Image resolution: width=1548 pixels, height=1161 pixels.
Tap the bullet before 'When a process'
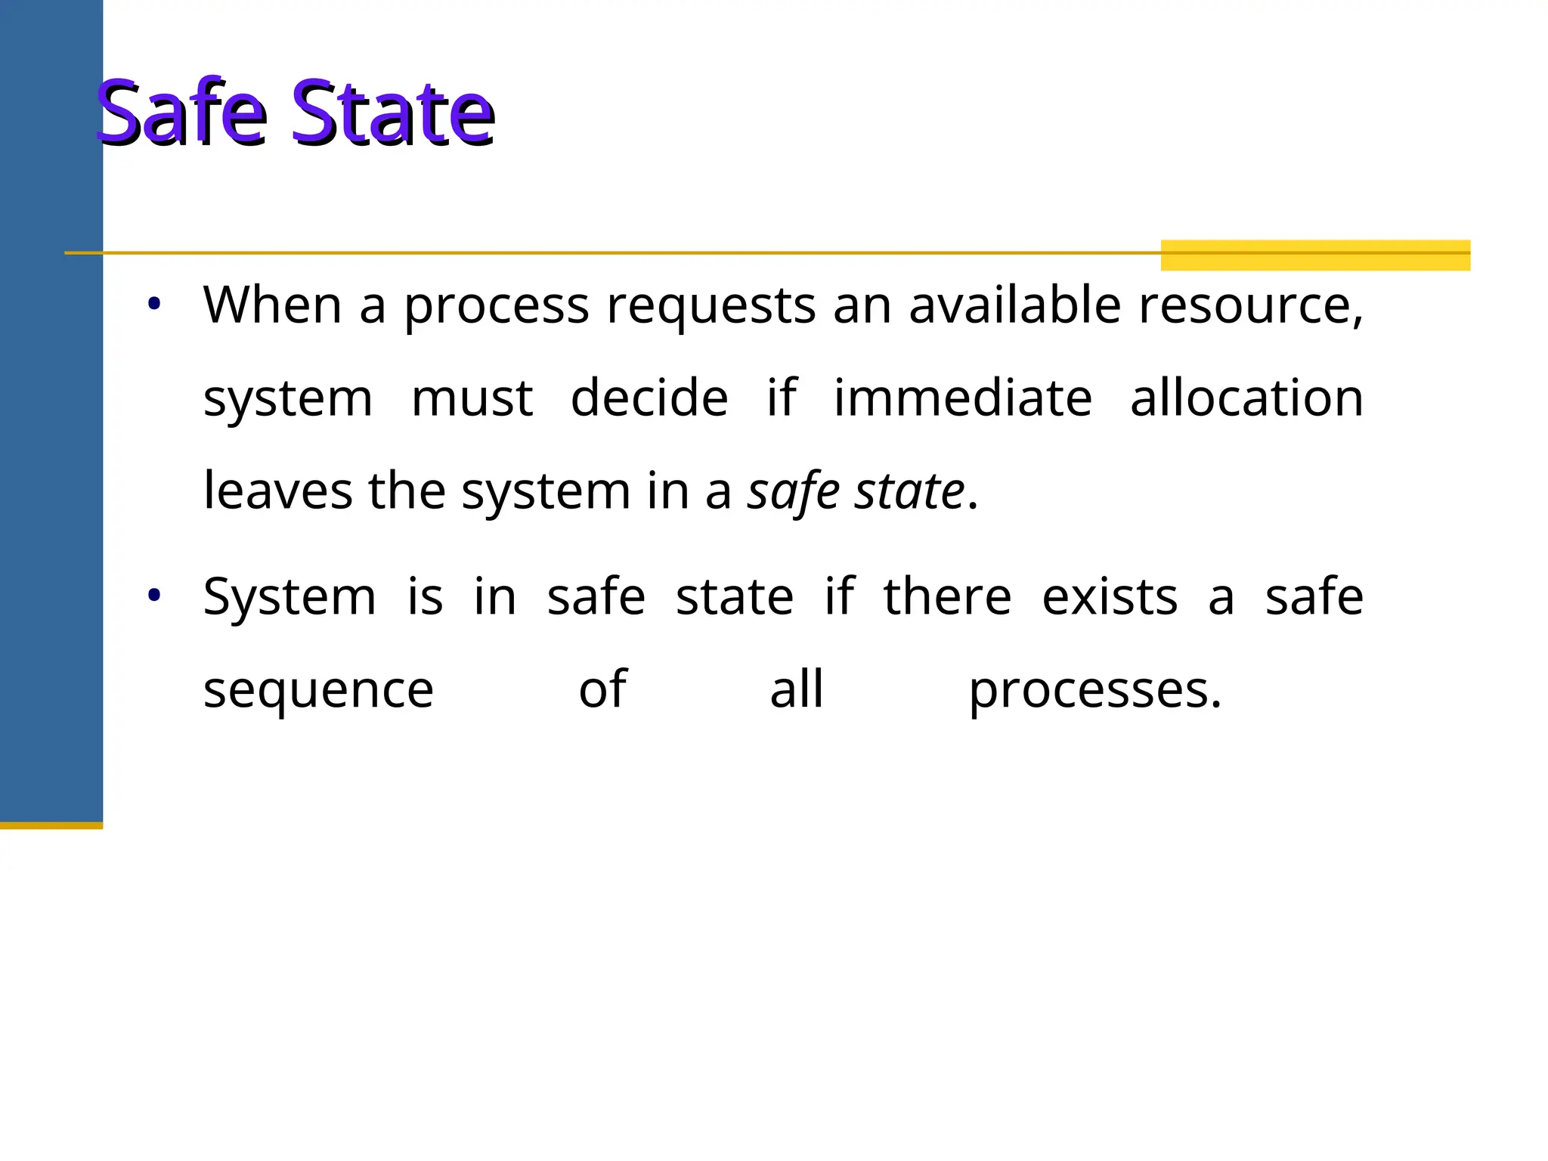point(154,305)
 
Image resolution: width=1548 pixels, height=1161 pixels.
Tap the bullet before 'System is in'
point(154,596)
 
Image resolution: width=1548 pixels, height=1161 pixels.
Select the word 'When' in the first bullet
point(272,306)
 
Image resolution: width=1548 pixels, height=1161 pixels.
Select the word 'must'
point(472,399)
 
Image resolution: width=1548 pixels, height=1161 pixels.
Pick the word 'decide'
point(649,398)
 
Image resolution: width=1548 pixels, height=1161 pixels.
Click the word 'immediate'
point(963,398)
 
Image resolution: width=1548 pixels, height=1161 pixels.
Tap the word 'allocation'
point(1247,398)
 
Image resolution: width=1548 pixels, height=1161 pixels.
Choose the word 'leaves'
point(277,491)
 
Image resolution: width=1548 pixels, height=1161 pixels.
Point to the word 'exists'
point(1110,597)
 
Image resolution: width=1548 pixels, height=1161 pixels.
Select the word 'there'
point(947,597)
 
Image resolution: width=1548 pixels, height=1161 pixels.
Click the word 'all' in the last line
point(797,689)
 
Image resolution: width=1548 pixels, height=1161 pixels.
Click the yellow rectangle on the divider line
point(1315,255)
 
